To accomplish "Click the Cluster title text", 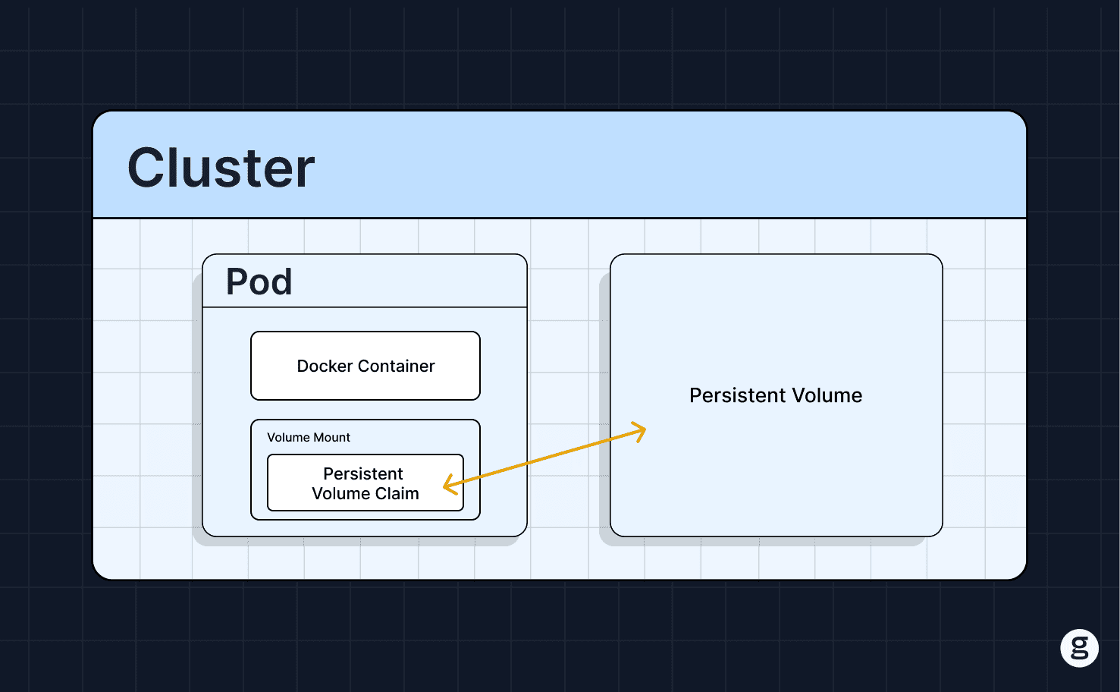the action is click(221, 168).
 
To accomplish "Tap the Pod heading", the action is click(259, 282).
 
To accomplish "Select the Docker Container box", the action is click(365, 366).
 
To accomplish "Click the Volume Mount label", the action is click(309, 437).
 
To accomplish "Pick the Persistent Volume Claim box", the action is click(365, 483).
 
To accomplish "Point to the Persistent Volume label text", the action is click(776, 395).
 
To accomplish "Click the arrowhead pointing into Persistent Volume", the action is click(639, 431).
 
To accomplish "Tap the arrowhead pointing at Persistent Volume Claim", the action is click(450, 484).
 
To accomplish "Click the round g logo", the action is click(1080, 648).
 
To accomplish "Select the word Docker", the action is click(325, 366).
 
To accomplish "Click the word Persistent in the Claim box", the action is click(363, 473).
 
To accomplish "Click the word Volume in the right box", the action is click(827, 395).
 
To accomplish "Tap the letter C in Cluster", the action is click(146, 168).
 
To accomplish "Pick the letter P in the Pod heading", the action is click(236, 282).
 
